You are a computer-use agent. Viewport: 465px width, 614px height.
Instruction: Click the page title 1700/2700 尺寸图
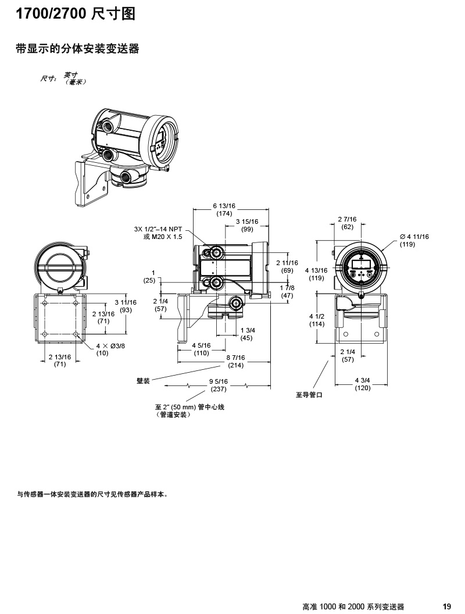(x=75, y=14)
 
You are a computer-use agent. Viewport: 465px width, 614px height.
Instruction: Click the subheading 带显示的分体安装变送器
(x=77, y=49)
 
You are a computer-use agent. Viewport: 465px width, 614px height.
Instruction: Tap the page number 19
(x=447, y=606)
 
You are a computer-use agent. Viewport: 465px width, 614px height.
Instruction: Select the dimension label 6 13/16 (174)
(x=224, y=210)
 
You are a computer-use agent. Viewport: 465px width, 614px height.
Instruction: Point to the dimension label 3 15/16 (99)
(x=248, y=226)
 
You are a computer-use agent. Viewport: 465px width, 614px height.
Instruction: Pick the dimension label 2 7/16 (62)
(x=348, y=223)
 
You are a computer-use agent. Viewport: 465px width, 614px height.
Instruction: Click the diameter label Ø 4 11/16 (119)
(x=414, y=240)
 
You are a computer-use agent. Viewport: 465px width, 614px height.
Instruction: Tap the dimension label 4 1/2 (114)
(x=317, y=320)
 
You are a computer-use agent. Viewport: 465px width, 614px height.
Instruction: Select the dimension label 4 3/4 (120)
(x=363, y=384)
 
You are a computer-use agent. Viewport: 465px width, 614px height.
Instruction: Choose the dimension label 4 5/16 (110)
(x=201, y=349)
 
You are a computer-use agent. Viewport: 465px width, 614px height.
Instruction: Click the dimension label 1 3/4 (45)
(x=246, y=334)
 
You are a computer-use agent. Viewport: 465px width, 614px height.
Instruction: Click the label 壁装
(x=143, y=381)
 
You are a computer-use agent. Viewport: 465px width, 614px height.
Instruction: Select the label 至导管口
(x=309, y=395)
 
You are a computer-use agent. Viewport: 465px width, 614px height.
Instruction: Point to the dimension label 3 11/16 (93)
(x=126, y=306)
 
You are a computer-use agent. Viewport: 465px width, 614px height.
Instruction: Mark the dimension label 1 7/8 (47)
(x=287, y=292)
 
